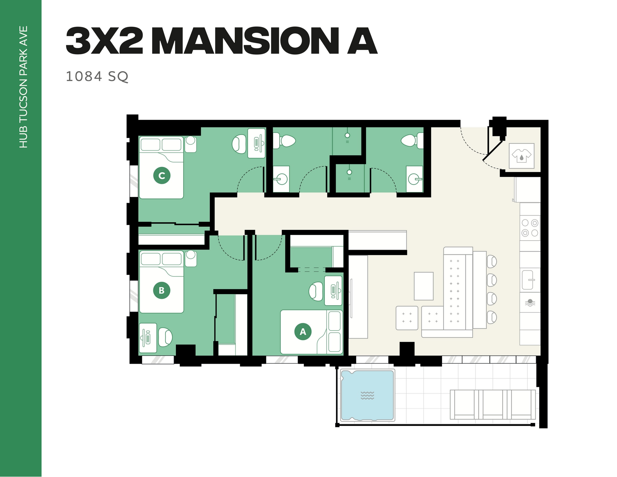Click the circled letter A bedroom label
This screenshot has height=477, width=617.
coord(303,331)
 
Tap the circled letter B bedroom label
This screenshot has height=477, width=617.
coord(161,290)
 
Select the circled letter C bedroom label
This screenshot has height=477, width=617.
coord(162,175)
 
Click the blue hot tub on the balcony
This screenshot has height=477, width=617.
coord(367,395)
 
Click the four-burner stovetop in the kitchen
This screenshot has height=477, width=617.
coord(530,228)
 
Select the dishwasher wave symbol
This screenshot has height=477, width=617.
coord(530,303)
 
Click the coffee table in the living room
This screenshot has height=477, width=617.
coord(424,286)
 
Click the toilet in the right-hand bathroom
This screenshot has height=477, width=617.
coord(410,141)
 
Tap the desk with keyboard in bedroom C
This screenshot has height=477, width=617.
coord(256,143)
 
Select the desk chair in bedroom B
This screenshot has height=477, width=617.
coord(165,337)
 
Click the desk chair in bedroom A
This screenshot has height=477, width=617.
coord(316,291)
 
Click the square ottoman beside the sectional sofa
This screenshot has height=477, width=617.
coord(407,318)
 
